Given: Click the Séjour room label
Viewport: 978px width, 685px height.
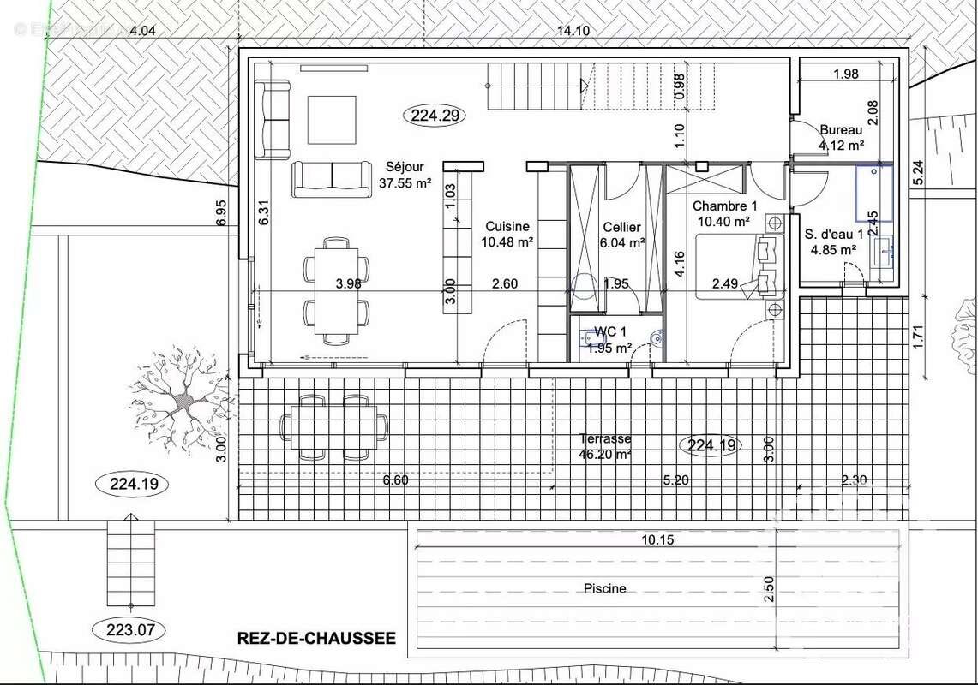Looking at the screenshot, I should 404,175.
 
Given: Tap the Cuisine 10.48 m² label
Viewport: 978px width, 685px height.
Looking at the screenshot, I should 507,234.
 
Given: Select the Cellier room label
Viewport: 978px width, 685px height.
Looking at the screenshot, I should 623,235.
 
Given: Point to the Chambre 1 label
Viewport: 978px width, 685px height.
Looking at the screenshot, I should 725,213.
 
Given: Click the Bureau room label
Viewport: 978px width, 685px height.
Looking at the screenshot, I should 841,137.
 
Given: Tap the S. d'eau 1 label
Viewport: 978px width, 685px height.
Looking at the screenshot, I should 833,241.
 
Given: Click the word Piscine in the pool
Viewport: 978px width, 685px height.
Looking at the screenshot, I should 604,588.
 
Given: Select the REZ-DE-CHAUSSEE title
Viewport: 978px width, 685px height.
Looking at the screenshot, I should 316,638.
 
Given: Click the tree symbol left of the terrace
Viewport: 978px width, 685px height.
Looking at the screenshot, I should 182,399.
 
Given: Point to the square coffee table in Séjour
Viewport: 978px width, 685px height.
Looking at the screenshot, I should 332,120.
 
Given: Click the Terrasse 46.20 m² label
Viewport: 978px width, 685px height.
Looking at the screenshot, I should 605,446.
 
